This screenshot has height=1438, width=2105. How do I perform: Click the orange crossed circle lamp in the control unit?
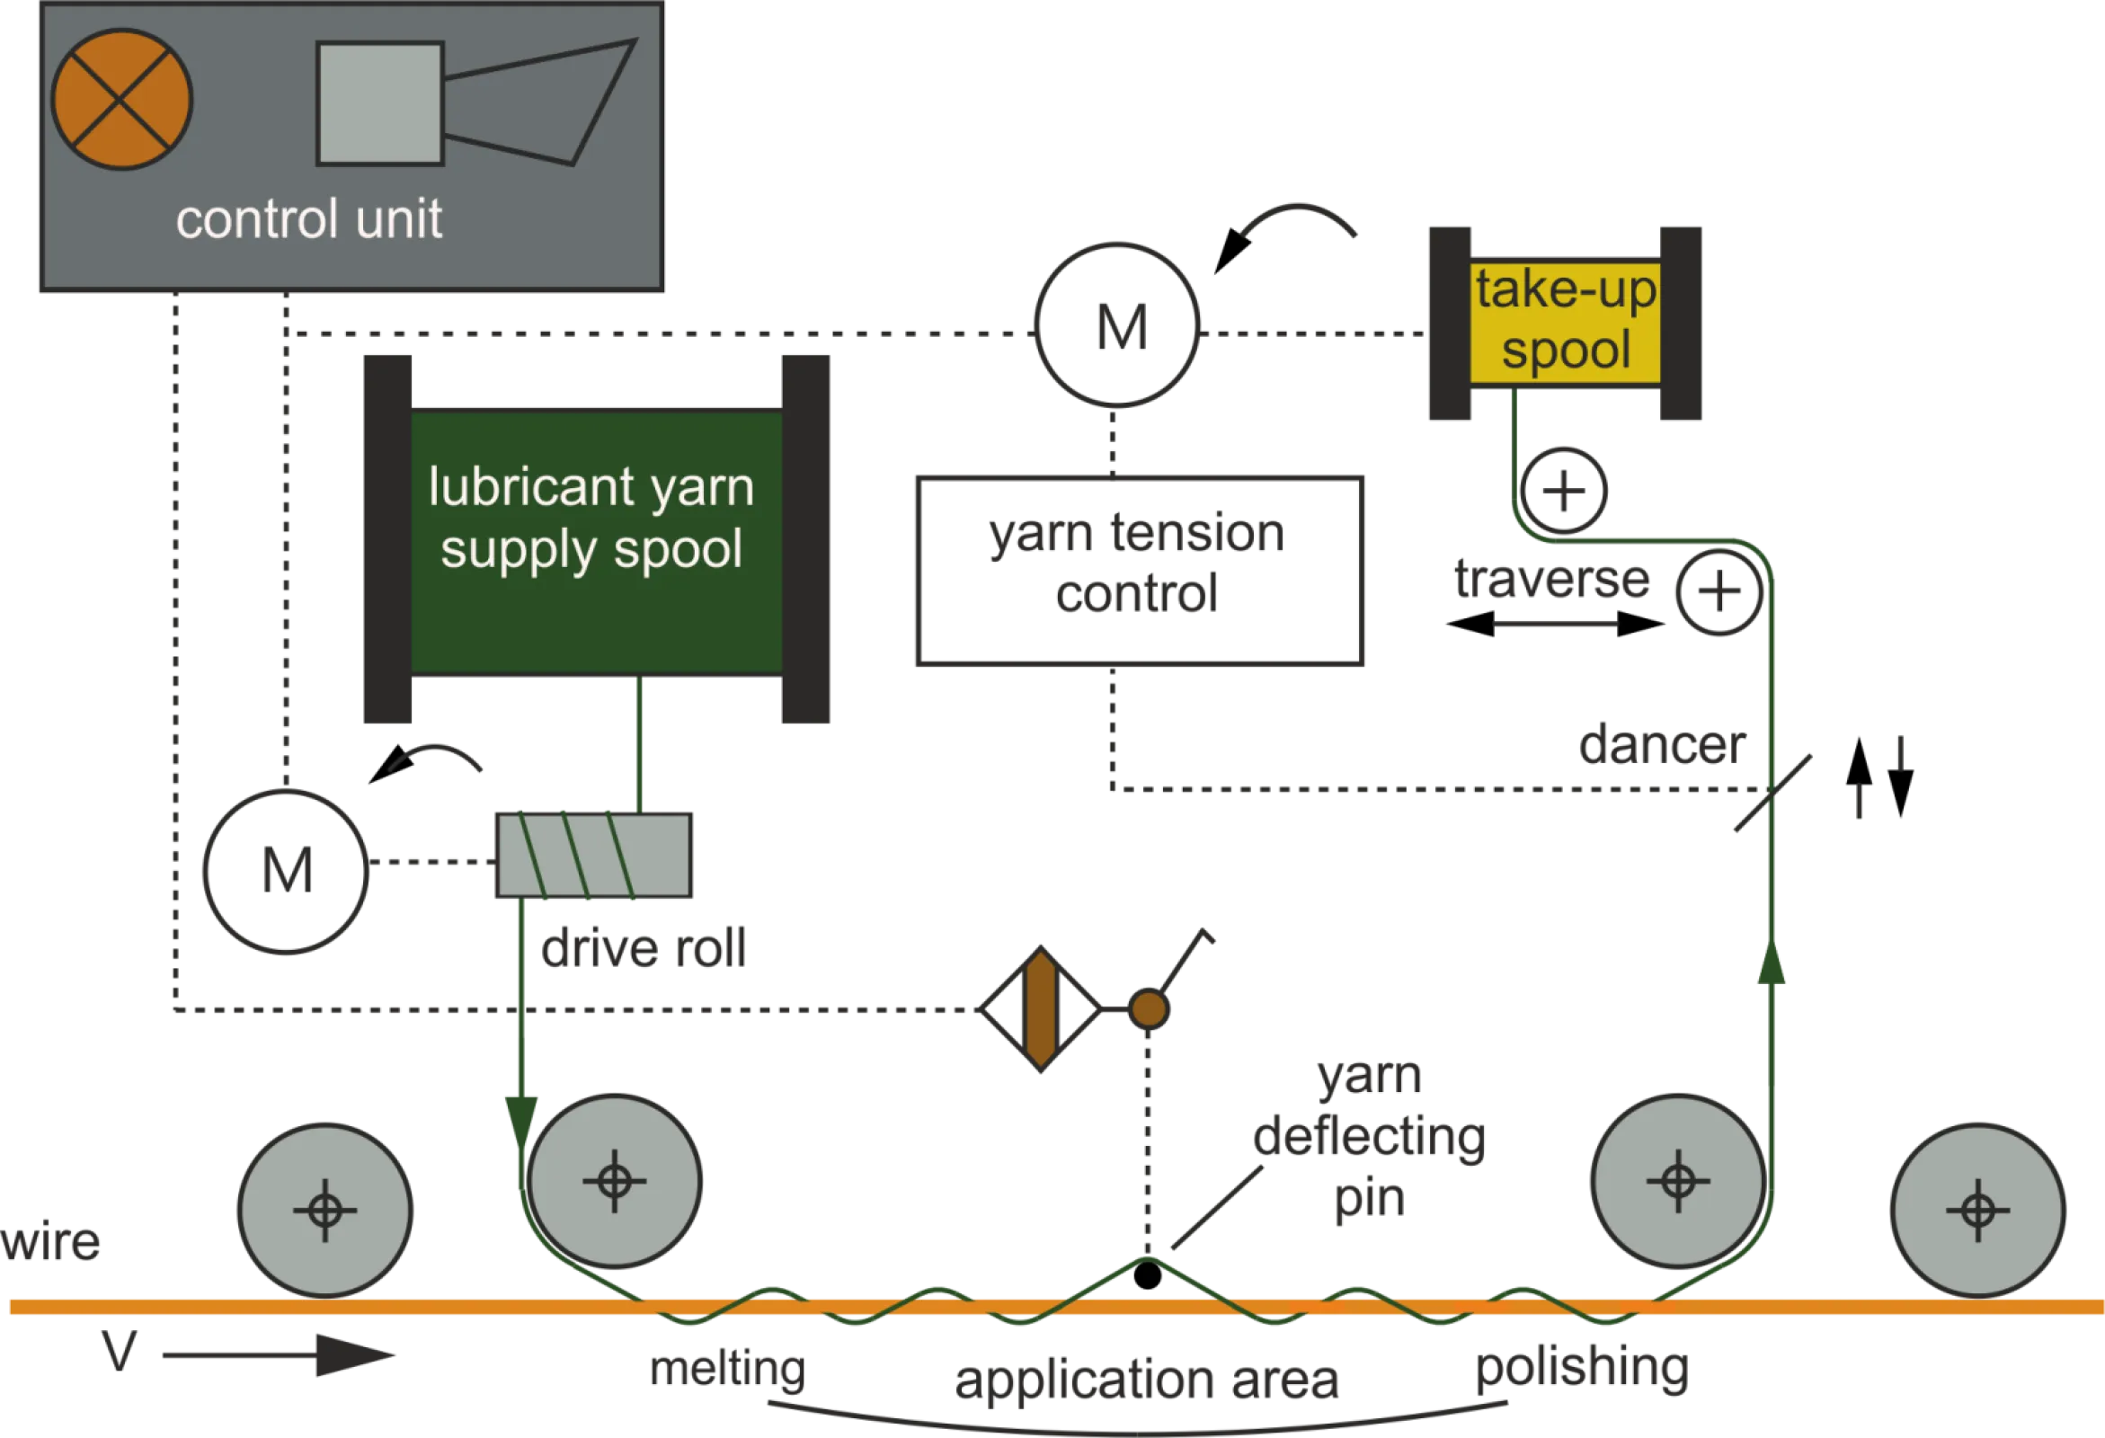(121, 100)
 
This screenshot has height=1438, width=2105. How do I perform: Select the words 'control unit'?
(309, 219)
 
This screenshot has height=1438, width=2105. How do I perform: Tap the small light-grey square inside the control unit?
(379, 103)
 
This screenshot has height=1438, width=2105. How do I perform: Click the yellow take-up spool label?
(1564, 323)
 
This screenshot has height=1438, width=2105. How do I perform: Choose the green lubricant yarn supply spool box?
(596, 542)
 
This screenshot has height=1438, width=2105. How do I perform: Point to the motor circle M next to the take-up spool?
(1119, 324)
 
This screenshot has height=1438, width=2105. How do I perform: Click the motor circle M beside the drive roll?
(286, 870)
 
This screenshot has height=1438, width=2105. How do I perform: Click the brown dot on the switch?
(1149, 1008)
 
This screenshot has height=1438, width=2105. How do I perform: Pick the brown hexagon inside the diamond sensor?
(1041, 1008)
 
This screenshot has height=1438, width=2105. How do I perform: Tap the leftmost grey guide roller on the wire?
(325, 1210)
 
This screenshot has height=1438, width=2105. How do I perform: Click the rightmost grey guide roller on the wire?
(1978, 1210)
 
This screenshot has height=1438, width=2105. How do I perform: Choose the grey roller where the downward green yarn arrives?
(615, 1181)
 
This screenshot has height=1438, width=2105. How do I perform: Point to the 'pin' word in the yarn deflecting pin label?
(1369, 1201)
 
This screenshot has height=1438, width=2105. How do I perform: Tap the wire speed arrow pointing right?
(276, 1354)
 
